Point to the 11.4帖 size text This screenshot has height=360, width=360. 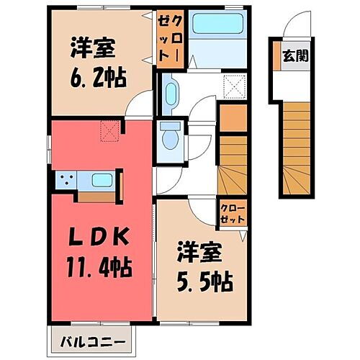(102, 269)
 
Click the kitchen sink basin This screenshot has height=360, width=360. (101, 180)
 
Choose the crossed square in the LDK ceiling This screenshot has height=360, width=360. (110, 130)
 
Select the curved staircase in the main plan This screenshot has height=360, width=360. (233, 170)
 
